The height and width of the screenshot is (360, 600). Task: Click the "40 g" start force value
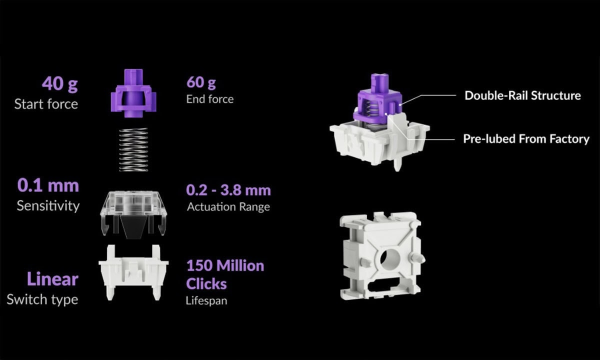point(59,84)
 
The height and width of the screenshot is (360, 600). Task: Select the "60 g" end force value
point(201,82)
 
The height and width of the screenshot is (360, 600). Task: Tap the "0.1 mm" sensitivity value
point(48,185)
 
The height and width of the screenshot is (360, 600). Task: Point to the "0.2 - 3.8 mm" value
point(228,190)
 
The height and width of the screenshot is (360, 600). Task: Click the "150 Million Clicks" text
point(225,274)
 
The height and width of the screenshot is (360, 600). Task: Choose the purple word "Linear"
point(52,279)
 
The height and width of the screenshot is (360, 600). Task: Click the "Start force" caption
point(46,104)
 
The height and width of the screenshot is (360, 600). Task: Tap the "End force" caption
point(209,99)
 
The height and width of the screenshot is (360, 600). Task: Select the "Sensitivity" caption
point(48,205)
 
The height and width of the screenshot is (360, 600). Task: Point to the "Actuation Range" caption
point(228,206)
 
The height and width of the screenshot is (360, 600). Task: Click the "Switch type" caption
point(42,299)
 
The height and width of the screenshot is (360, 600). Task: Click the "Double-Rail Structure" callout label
point(522,95)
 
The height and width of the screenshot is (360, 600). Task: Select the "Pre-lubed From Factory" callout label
point(526,138)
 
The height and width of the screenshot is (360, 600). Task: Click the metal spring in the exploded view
point(133,149)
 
